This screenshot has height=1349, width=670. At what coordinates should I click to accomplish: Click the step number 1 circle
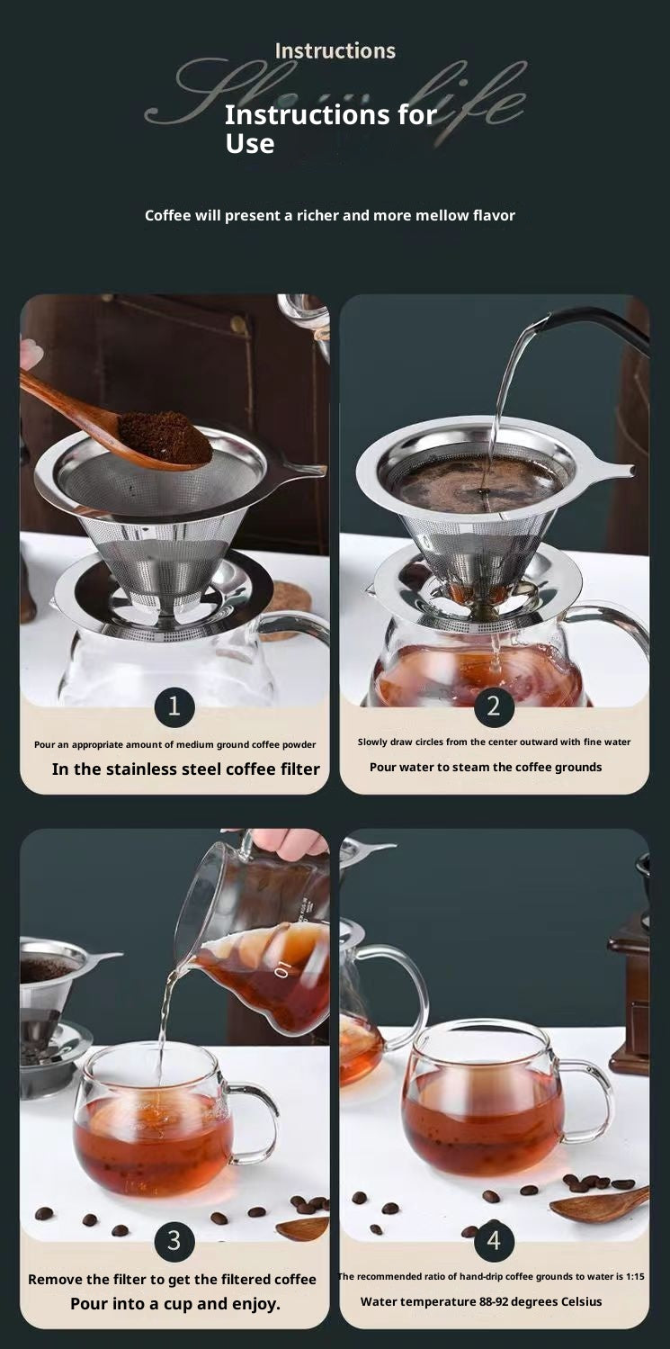click(x=174, y=706)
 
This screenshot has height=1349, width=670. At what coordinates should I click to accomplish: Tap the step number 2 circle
click(x=494, y=706)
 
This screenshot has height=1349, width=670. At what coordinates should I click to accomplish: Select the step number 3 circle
click(x=174, y=1241)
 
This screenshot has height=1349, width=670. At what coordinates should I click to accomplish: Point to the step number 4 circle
click(x=494, y=1241)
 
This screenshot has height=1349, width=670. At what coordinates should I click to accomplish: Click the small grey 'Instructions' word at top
click(x=335, y=51)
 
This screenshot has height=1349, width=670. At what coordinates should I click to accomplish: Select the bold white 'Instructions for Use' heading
click(x=329, y=129)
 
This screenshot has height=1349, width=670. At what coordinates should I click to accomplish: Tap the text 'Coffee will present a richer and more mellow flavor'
click(x=329, y=215)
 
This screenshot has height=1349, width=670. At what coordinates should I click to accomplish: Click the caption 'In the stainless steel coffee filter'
click(x=185, y=769)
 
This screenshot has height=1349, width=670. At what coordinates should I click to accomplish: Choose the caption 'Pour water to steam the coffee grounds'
click(x=486, y=767)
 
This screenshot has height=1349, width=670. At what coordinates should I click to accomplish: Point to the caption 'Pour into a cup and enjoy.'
click(x=175, y=1303)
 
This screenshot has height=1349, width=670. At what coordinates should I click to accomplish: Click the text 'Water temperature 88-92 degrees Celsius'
click(x=481, y=1301)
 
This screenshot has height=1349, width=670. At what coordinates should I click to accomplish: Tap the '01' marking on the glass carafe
click(x=283, y=969)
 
